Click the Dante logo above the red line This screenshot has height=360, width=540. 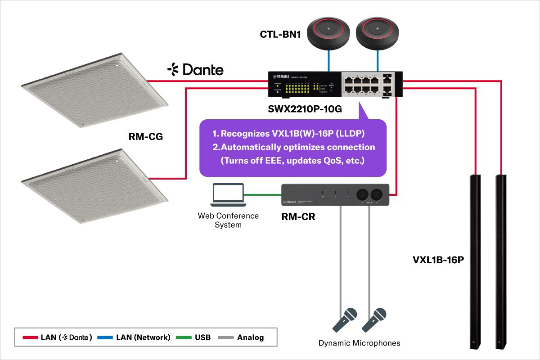tap(195, 70)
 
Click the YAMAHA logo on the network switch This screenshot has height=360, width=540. tap(279, 76)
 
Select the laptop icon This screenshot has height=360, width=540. tap(228, 195)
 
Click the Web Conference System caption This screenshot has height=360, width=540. tap(228, 220)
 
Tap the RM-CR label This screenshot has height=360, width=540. tap(298, 217)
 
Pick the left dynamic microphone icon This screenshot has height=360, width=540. tap(344, 319)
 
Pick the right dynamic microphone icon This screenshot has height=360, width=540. tap(375, 319)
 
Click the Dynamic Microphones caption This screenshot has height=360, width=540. tap(359, 343)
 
